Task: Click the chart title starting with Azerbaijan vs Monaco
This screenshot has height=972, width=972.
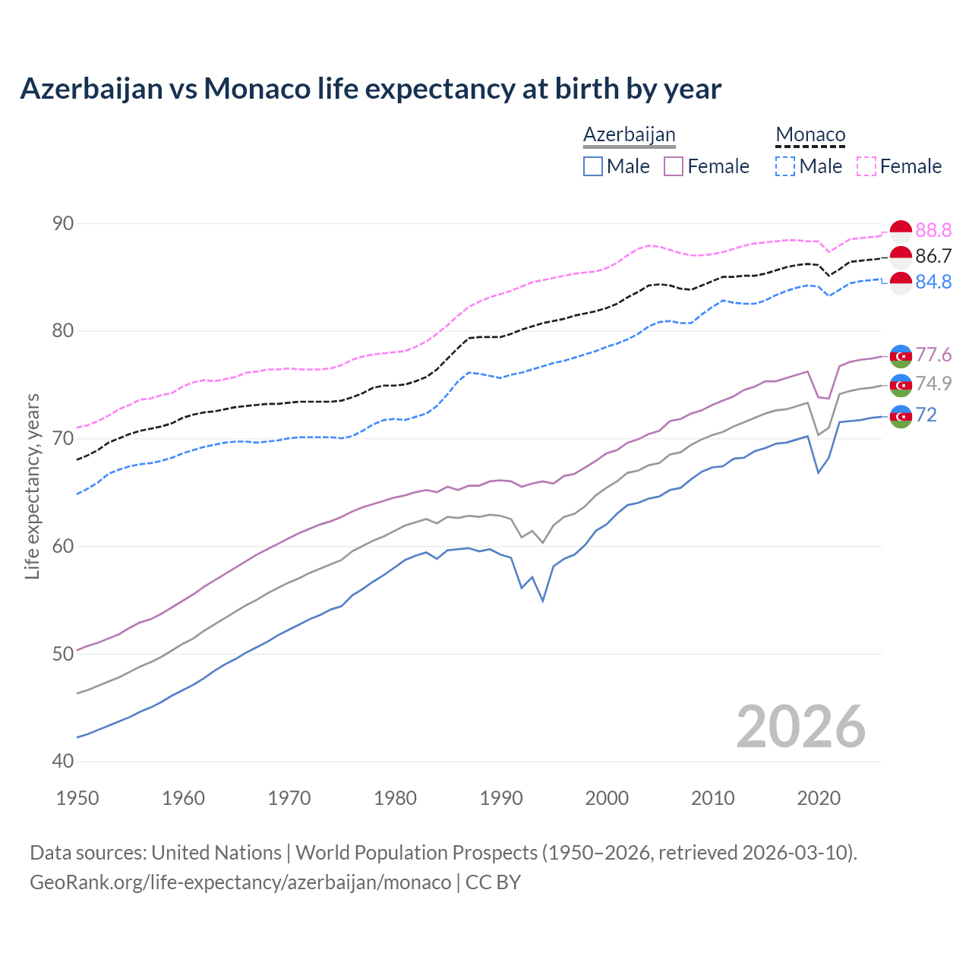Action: click(371, 89)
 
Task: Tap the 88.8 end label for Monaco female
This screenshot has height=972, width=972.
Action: click(933, 230)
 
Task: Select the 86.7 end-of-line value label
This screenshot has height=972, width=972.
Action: click(933, 256)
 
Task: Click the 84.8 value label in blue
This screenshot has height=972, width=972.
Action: click(933, 282)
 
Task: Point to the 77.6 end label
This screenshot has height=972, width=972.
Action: click(933, 355)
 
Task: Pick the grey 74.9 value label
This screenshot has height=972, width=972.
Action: click(933, 383)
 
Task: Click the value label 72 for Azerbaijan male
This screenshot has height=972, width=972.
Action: click(926, 415)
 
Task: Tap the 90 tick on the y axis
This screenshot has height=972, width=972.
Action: click(63, 223)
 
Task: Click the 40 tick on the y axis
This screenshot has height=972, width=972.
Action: click(63, 761)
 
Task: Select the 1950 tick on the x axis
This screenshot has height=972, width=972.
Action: click(78, 798)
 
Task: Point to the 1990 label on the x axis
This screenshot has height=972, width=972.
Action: click(501, 798)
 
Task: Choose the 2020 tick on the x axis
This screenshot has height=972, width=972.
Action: click(819, 798)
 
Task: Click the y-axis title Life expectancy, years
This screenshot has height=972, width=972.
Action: click(33, 486)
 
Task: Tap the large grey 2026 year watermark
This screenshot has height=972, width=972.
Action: click(800, 727)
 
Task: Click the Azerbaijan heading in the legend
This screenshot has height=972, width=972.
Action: click(629, 134)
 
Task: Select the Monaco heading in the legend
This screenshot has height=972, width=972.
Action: click(810, 134)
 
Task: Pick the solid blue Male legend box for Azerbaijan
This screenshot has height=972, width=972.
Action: click(593, 166)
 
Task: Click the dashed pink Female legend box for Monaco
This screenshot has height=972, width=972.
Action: click(866, 166)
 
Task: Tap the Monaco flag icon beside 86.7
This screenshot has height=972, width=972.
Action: click(901, 257)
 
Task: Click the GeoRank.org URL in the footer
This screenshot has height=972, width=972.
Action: click(240, 882)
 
